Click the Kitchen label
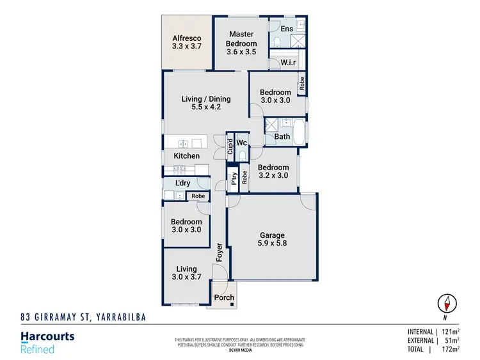pyautogui.click(x=186, y=156)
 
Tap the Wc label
pyautogui.click(x=241, y=143)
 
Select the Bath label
pyautogui.click(x=282, y=137)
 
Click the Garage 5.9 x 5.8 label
pyautogui.click(x=272, y=240)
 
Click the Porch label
pyautogui.click(x=224, y=298)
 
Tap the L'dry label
pyautogui.click(x=182, y=184)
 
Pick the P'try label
pyautogui.click(x=235, y=178)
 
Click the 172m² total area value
pyautogui.click(x=452, y=350)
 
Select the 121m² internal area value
pyautogui.click(x=452, y=332)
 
